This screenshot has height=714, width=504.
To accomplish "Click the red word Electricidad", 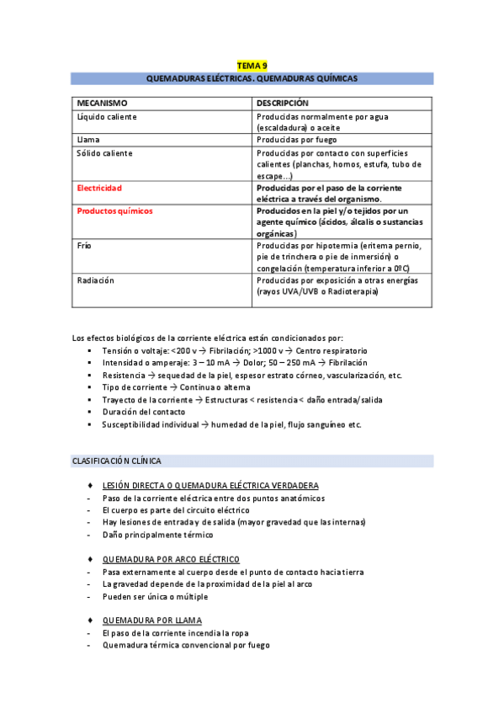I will tap(99, 188).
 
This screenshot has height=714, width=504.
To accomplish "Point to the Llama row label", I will tap(88, 140).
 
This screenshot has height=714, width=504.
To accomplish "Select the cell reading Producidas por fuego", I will tap(296, 140).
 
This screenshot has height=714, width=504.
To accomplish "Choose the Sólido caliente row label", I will tap(104, 153).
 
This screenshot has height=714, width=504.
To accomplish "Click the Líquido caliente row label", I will tap(107, 116).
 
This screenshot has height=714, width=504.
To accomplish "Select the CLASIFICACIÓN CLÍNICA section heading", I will tap(117, 461).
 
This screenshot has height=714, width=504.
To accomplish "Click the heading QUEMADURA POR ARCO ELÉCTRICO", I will tap(171, 559).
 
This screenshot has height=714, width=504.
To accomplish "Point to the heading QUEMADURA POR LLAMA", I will tap(151, 621).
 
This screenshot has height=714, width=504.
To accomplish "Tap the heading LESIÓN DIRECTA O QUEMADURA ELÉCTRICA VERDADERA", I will tap(210, 486).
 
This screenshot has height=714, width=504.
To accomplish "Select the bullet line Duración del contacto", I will tap(144, 412).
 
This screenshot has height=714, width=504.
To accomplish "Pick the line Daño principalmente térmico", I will tap(157, 535).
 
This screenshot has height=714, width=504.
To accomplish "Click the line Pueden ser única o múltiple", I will tap(154, 596).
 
